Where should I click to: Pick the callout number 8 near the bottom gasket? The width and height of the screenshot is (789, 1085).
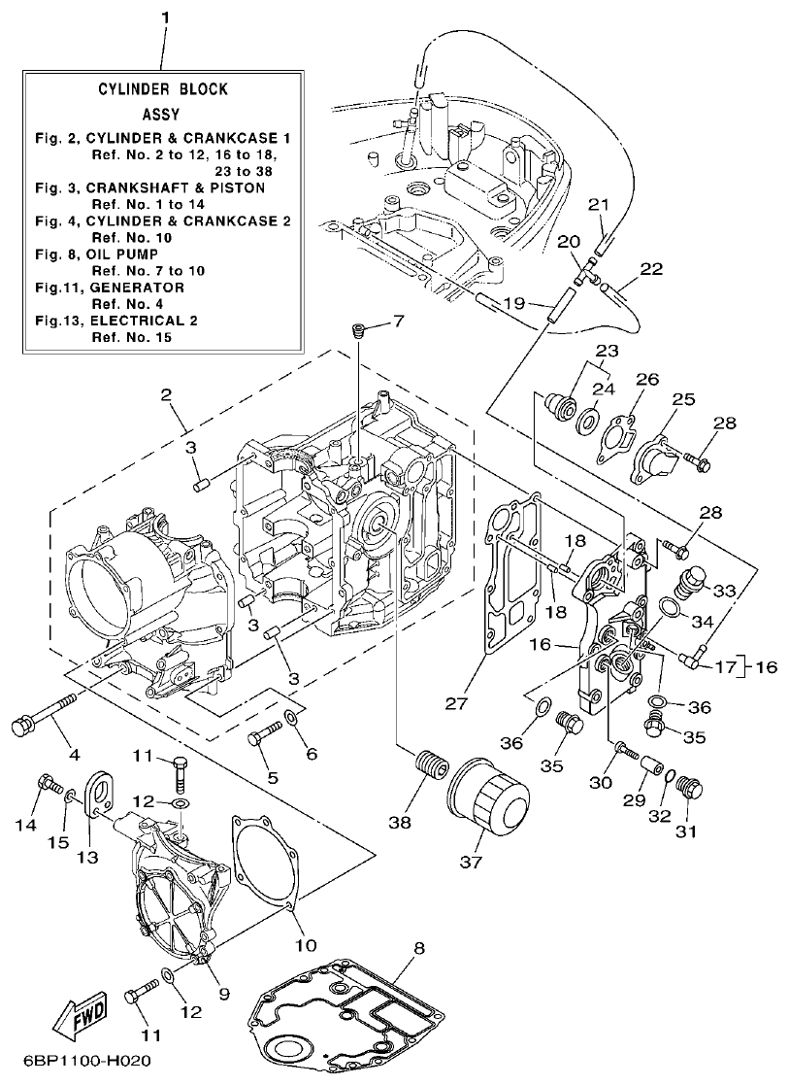coord(418,947)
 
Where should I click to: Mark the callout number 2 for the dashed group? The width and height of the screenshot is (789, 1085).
coord(166,395)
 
